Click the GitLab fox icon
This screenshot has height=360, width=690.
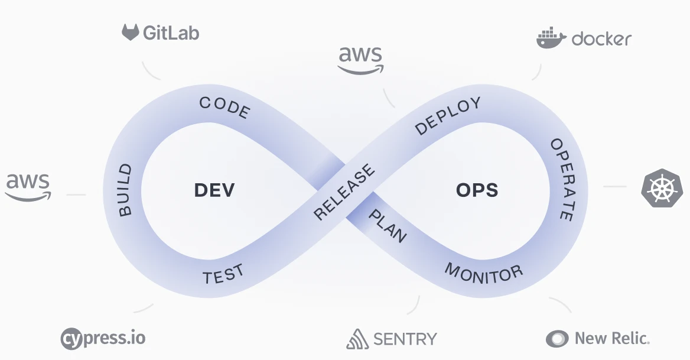click(x=131, y=32)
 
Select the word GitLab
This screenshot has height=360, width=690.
click(x=171, y=33)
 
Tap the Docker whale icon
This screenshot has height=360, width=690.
click(x=551, y=38)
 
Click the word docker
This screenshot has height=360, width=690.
click(x=601, y=40)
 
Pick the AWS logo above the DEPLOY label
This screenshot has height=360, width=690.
click(x=360, y=60)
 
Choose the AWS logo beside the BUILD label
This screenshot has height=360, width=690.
click(x=28, y=187)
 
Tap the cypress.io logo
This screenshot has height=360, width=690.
click(x=103, y=339)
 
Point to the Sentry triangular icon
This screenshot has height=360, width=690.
click(x=357, y=339)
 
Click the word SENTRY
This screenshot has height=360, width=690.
click(x=405, y=339)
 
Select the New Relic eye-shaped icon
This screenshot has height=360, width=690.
click(x=557, y=339)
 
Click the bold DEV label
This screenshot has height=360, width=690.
click(x=214, y=190)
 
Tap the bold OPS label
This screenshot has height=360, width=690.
click(x=477, y=190)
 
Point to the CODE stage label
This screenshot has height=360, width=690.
click(x=225, y=106)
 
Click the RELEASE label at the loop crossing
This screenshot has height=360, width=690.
click(x=344, y=192)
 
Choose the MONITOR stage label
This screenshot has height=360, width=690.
click(x=484, y=272)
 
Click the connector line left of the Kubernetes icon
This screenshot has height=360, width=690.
click(x=614, y=187)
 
